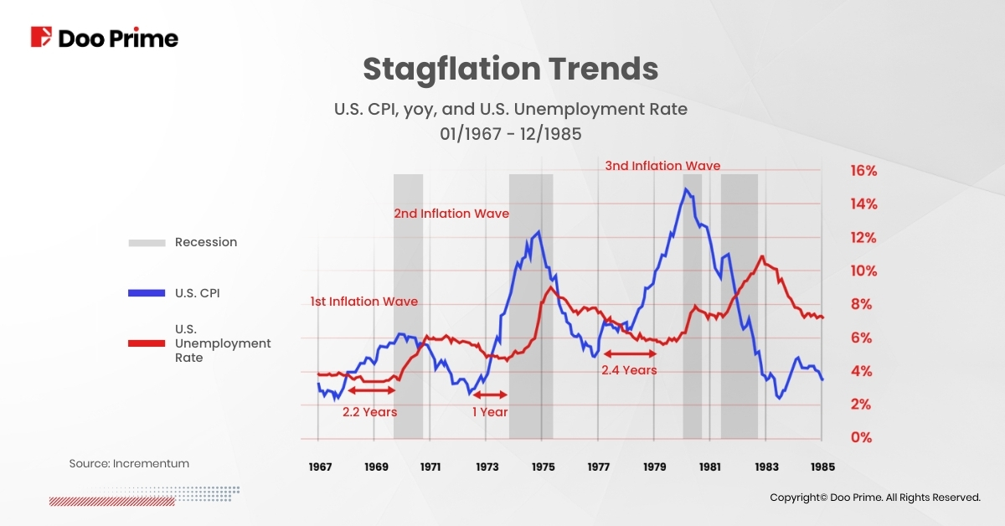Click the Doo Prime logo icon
point(42,37)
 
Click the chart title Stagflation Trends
point(510,69)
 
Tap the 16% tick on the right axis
point(863,171)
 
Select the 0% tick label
point(860,438)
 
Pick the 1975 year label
point(542,467)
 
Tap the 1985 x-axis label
point(822,467)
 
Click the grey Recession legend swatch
point(147,243)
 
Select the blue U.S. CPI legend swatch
point(147,293)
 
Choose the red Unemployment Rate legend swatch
point(147,343)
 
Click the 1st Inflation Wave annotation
point(363,302)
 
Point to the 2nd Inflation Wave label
point(451,214)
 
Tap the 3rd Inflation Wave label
point(662,166)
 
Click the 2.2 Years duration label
point(369,412)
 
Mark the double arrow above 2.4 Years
point(629,354)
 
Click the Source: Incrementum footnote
point(129,463)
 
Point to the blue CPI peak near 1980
point(686,189)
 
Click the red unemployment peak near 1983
point(761,256)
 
